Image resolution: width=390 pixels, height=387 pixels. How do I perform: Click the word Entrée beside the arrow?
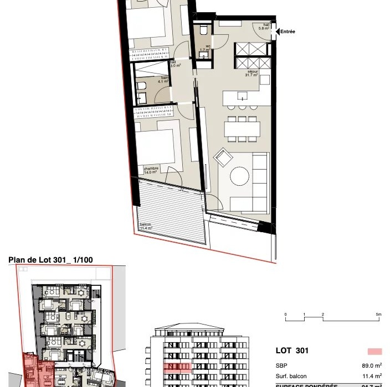288,32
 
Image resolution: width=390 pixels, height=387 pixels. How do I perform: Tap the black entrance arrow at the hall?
276,32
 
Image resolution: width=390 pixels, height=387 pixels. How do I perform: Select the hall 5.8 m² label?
266,27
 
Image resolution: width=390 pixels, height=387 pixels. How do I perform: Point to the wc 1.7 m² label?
204,48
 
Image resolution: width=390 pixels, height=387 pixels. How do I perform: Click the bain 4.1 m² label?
163,80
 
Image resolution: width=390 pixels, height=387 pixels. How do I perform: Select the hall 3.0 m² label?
175,64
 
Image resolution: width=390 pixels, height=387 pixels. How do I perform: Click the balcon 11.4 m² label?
145,227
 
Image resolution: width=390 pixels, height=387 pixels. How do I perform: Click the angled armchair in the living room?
224,157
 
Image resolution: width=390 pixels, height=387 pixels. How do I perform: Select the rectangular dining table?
242,130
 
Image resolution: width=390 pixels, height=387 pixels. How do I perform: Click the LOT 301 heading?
292,351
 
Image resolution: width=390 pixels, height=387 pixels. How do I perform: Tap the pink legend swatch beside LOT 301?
374,351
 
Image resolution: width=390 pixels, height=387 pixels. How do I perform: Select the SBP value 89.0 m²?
371,365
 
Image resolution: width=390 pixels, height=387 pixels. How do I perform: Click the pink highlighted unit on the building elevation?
177,367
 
